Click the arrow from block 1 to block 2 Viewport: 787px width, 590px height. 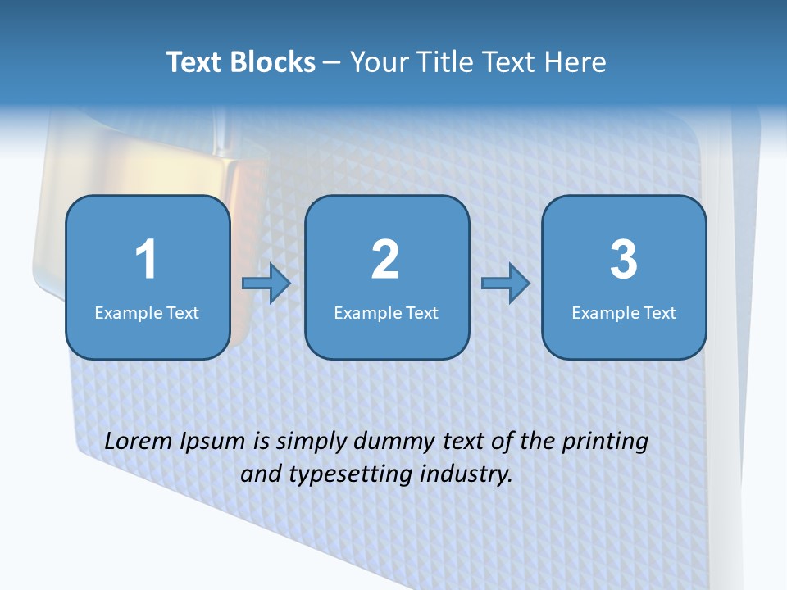coord(266,284)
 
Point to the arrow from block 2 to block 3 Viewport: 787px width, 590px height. coord(505,284)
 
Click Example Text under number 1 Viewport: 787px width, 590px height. coord(147,312)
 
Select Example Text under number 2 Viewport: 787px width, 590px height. coord(386,312)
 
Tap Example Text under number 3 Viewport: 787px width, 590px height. coord(624,312)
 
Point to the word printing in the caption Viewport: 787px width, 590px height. coord(605,442)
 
